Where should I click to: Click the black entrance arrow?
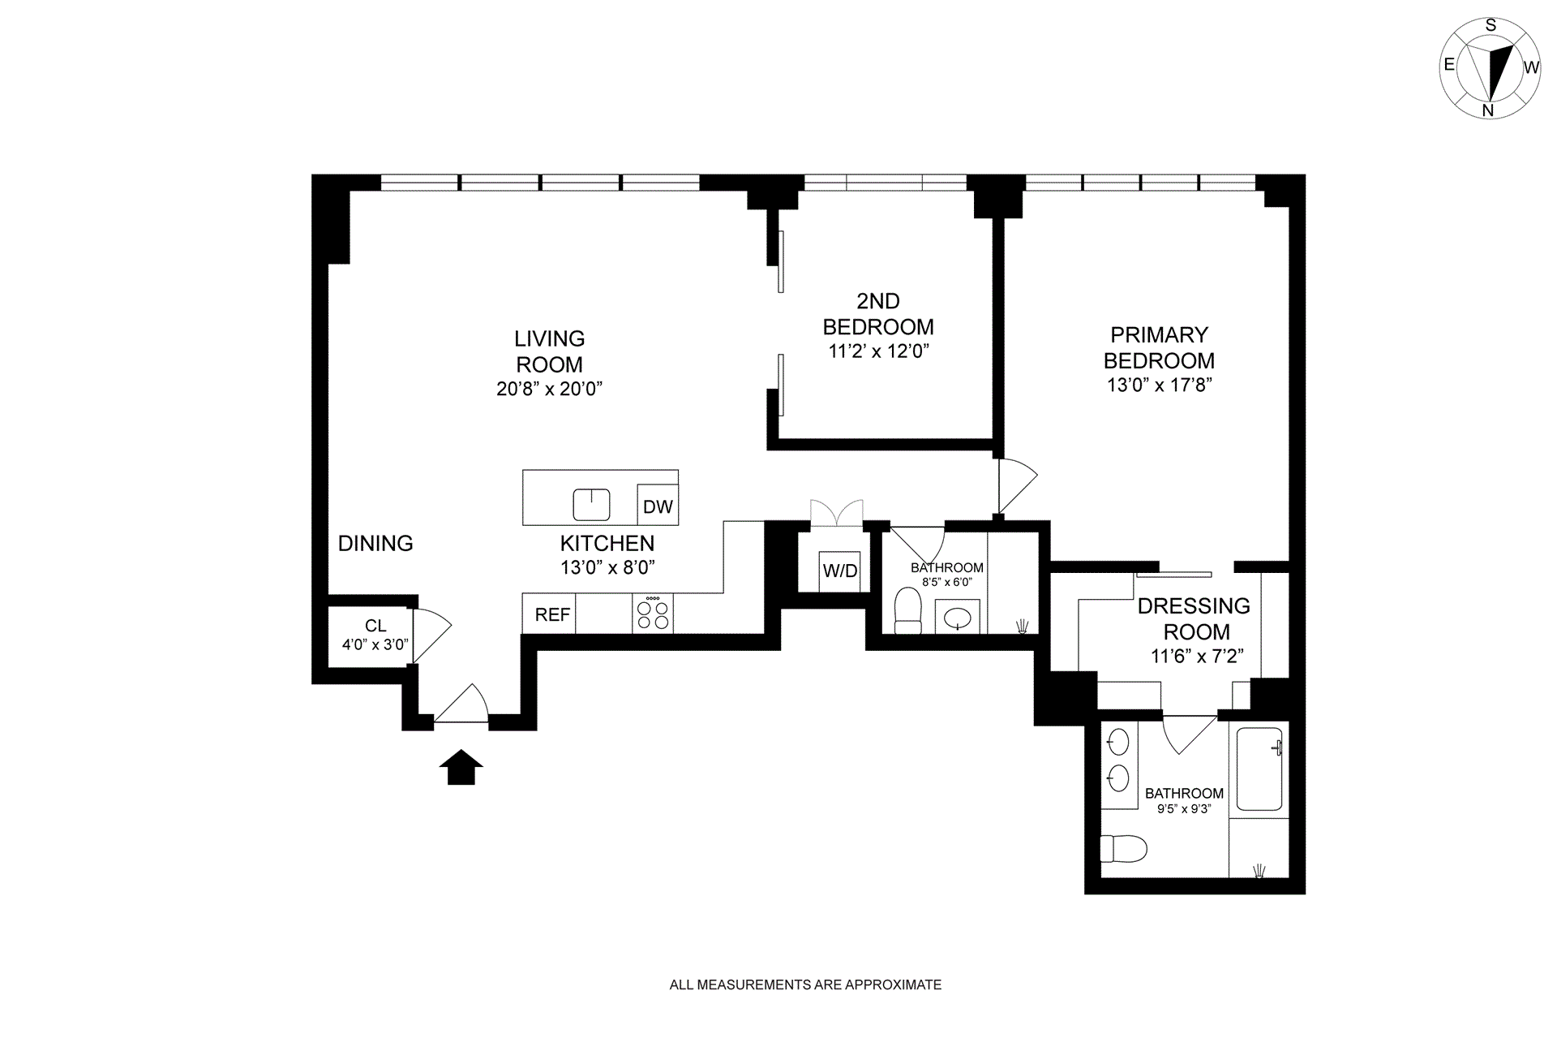pos(461,767)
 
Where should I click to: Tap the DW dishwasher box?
pos(658,506)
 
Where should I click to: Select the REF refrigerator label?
pos(552,615)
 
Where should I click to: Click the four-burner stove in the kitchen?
pos(653,614)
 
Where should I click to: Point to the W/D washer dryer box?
pos(839,571)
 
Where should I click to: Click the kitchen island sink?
pos(591,505)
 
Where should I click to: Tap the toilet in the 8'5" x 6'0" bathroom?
pos(908,610)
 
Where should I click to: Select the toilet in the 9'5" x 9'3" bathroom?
pos(1123,849)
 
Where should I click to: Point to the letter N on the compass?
pos(1488,110)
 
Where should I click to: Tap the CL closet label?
pos(375,626)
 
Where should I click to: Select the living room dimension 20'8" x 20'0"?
pos(549,389)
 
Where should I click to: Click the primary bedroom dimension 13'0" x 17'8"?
pos(1159,385)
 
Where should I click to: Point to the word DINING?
pos(375,543)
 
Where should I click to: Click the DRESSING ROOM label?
pos(1195,618)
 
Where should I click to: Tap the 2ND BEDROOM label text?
pos(878,314)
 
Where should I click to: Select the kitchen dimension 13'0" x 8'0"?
pos(607,567)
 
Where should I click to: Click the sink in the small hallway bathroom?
pos(958,618)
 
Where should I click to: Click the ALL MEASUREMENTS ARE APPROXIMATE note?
pos(805,984)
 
